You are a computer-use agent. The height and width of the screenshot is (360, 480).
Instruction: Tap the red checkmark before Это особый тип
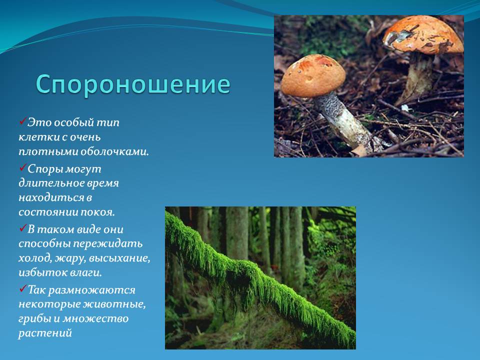[23, 121]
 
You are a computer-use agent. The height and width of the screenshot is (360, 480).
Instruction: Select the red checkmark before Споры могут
[23, 168]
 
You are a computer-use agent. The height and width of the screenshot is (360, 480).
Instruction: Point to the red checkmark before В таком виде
[23, 228]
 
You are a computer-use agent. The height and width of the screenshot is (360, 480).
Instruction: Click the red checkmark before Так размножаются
[23, 288]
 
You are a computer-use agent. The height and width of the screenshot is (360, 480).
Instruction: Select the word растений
[45, 333]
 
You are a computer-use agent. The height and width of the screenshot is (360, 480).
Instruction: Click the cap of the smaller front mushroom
[313, 75]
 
